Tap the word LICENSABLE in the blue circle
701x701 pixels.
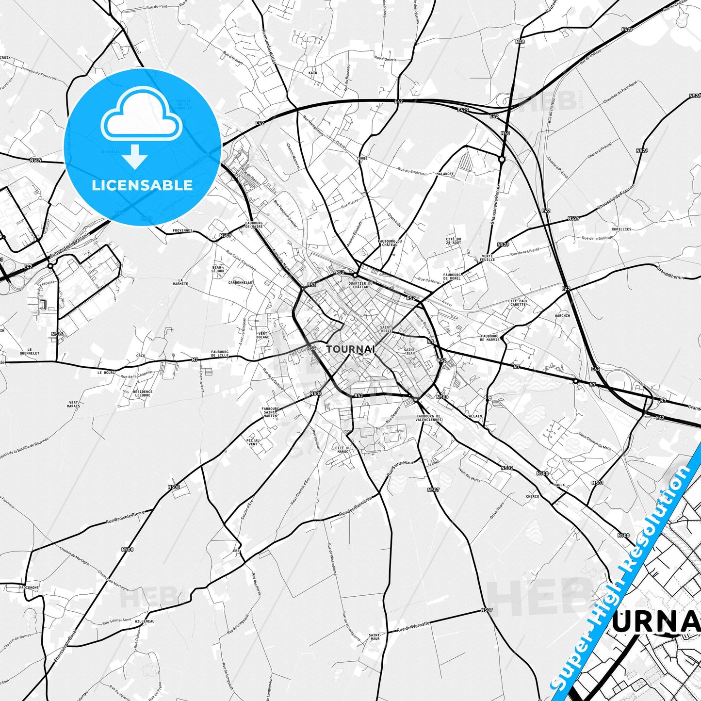click(142, 185)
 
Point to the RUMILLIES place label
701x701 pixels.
click(621, 229)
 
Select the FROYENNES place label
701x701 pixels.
click(182, 231)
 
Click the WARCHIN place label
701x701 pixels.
click(562, 315)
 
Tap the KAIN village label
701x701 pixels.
click(313, 73)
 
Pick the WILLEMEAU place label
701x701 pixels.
click(145, 621)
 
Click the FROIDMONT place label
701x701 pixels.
click(29, 587)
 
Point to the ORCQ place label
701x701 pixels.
click(140, 356)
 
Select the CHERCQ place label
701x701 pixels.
click(532, 496)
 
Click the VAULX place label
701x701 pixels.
click(559, 484)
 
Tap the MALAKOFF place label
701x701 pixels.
click(445, 174)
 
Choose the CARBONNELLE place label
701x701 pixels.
click(240, 282)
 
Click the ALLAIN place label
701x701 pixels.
click(475, 416)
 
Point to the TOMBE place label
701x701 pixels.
click(362, 159)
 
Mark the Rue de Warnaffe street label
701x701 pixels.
click(413, 627)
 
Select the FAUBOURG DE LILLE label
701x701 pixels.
click(219, 354)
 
